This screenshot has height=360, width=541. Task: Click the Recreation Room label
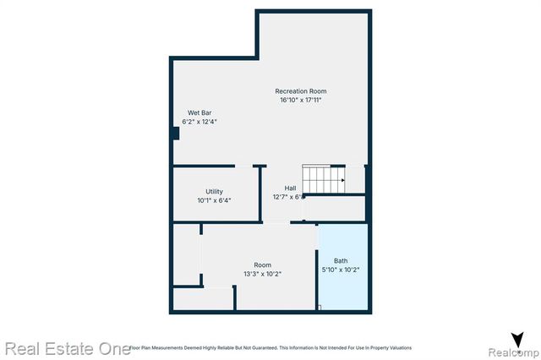tap(300, 91)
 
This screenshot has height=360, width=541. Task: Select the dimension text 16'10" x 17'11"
tap(300, 101)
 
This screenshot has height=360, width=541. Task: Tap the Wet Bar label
tap(199, 112)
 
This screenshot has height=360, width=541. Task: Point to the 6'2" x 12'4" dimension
tap(199, 122)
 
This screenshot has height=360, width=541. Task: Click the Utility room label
tap(214, 191)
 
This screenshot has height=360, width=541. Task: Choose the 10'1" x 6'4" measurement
tap(214, 200)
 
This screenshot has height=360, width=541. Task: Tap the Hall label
tap(290, 188)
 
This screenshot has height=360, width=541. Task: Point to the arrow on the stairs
tap(342, 180)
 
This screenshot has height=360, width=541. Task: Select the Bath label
tap(341, 260)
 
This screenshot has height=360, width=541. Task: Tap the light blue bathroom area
tap(342, 292)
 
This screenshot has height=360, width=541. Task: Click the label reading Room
tap(262, 265)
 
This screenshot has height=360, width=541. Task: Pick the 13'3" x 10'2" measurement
tap(262, 274)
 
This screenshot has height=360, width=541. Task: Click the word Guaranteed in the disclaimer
tap(265, 347)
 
